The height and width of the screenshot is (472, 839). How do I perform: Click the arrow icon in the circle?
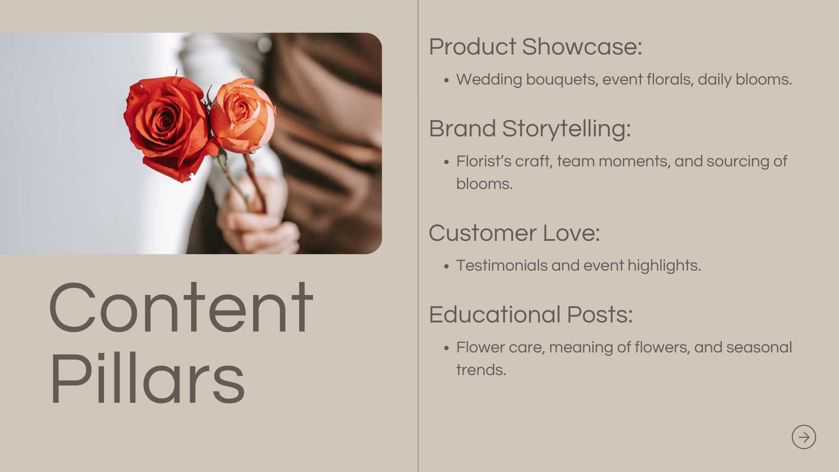pyautogui.click(x=804, y=437)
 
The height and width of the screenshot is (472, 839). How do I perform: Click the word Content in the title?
pyautogui.click(x=181, y=308)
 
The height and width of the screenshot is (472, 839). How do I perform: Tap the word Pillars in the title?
pyautogui.click(x=147, y=379)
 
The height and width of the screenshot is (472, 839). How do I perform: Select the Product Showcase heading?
pyautogui.click(x=535, y=47)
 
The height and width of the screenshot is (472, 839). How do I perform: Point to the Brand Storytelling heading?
pyautogui.click(x=530, y=128)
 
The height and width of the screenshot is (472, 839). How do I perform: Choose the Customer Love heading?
pyautogui.click(x=514, y=233)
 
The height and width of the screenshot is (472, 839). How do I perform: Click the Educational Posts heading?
pyautogui.click(x=531, y=315)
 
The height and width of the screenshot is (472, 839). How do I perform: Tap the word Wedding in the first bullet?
pyautogui.click(x=489, y=79)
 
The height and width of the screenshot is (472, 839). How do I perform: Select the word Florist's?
pyautogui.click(x=484, y=161)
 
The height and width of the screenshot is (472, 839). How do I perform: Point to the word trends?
pyautogui.click(x=481, y=370)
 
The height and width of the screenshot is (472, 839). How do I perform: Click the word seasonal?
pyautogui.click(x=759, y=347)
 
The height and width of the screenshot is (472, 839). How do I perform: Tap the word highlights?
pyautogui.click(x=664, y=266)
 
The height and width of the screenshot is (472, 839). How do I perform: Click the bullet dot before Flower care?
pyautogui.click(x=446, y=348)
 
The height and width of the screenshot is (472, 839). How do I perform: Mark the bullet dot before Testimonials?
pyautogui.click(x=446, y=266)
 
